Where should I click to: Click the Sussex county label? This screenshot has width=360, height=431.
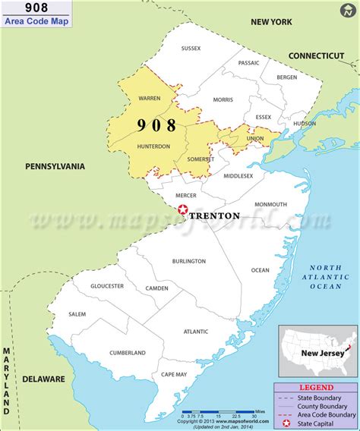pos(191,49)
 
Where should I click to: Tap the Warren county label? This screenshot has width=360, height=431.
pos(149,98)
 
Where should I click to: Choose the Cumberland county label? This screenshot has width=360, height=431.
pos(127,353)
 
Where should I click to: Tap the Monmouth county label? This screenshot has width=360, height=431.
pos(270,204)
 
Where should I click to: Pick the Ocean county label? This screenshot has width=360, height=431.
pos(260,270)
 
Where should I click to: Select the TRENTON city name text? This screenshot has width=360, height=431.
pos(213,215)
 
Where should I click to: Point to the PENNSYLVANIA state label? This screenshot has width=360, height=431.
pos(55,166)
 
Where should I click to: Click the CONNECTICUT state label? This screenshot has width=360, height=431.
pos(316,55)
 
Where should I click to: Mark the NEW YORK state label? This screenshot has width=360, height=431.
pos(271,22)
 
